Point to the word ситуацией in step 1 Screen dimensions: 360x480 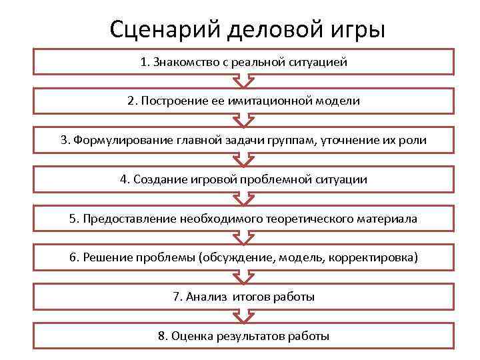click(x=319, y=63)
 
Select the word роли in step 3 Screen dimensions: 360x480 click(x=414, y=140)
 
